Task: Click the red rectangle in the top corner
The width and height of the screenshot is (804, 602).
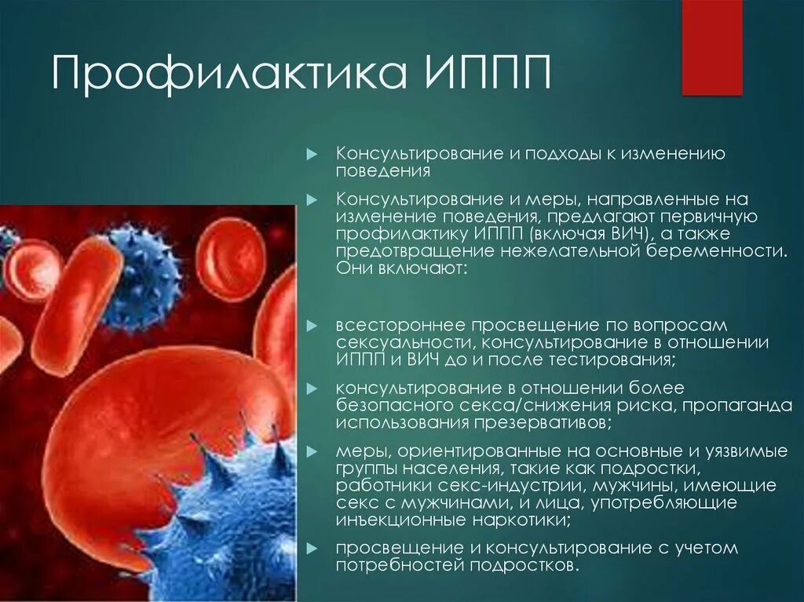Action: pyautogui.click(x=711, y=47)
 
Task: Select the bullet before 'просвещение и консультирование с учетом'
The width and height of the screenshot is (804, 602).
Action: pyautogui.click(x=312, y=548)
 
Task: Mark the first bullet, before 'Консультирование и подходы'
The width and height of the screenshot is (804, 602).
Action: pyautogui.click(x=312, y=153)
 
